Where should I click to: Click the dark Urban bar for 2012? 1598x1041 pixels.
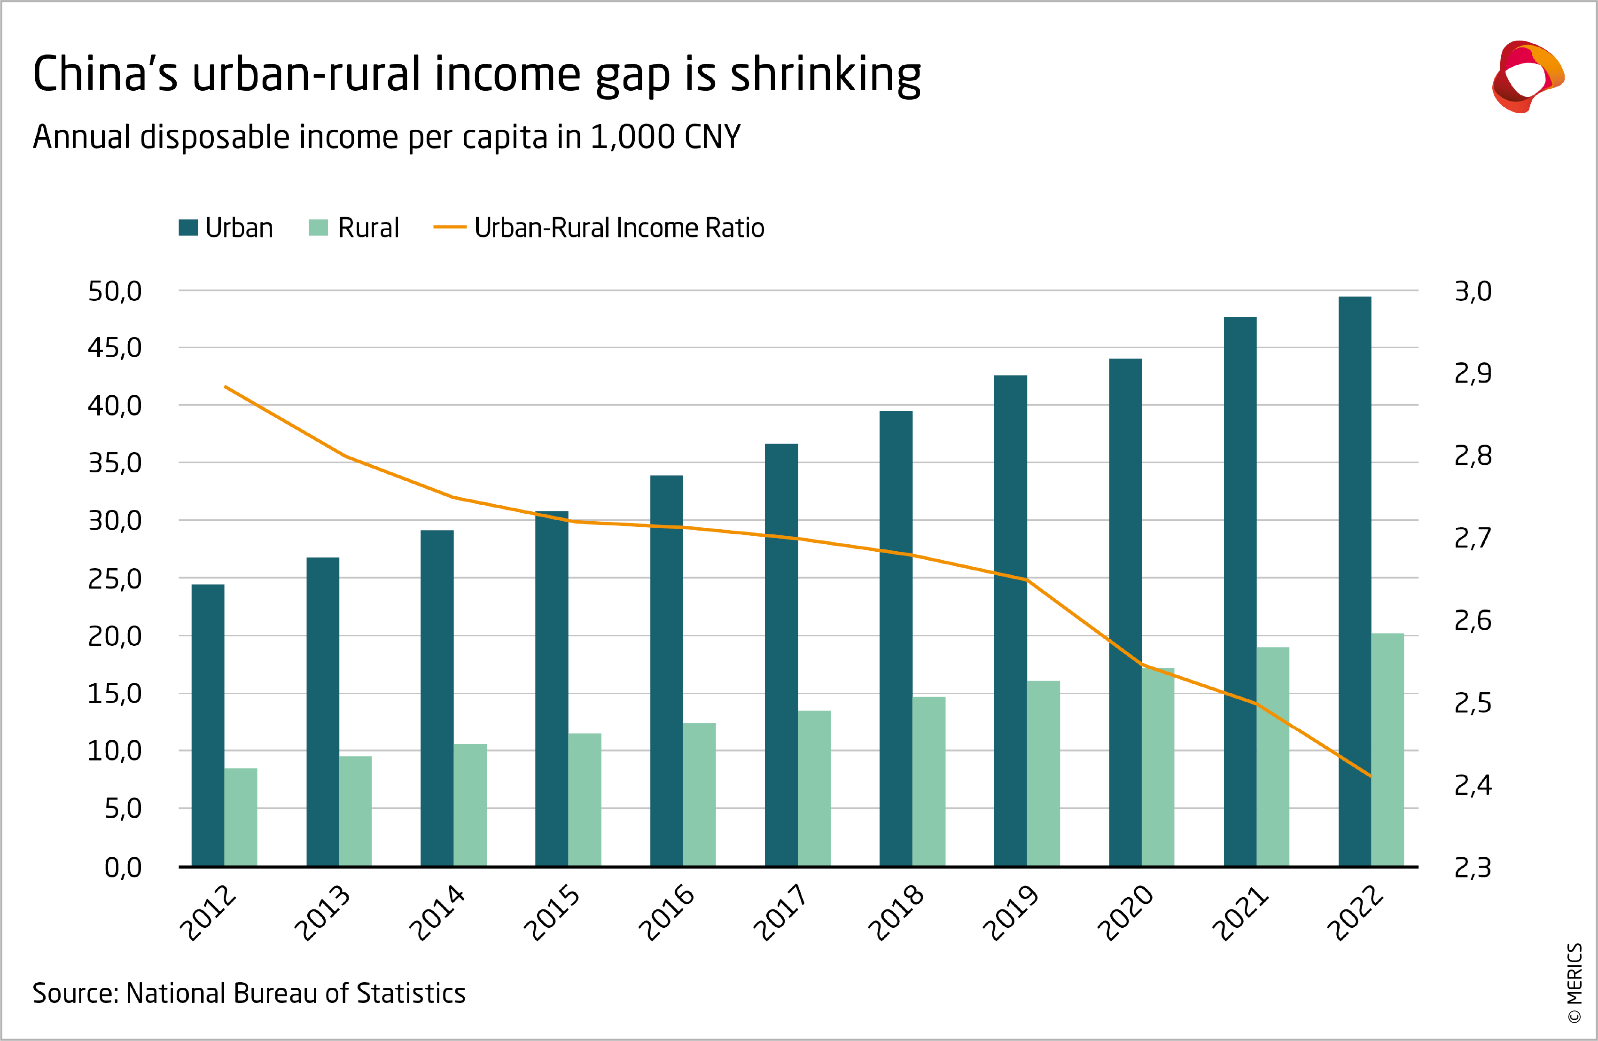click(208, 725)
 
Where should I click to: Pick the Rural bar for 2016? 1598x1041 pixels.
click(699, 795)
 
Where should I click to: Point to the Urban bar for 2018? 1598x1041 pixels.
click(896, 638)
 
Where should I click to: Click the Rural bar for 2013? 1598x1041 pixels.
click(355, 811)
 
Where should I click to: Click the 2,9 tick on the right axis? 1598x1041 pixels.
click(1473, 374)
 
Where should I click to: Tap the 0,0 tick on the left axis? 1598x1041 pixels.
click(123, 868)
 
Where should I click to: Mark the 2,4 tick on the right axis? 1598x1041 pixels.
click(1473, 785)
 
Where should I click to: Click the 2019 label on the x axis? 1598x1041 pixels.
click(1011, 913)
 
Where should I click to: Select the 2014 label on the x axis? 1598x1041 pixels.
click(437, 913)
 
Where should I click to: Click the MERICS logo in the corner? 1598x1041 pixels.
click(1528, 76)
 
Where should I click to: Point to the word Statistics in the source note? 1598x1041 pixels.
click(411, 994)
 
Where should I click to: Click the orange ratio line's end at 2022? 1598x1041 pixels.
click(1370, 776)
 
